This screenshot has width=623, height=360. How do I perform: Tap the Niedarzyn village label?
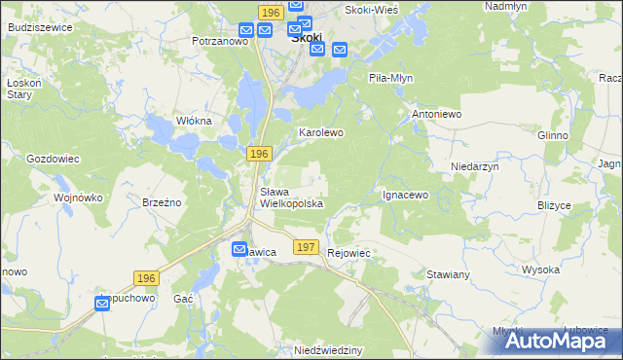[x=475, y=166]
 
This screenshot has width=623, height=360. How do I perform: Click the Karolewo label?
[x=321, y=131]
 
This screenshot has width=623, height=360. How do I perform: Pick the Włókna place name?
[x=193, y=121]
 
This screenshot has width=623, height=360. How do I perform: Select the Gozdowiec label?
[x=53, y=158]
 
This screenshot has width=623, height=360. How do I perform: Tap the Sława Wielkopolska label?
[x=290, y=198]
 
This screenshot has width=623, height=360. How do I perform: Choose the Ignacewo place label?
[x=405, y=195]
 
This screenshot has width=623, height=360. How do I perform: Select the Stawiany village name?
[x=449, y=275]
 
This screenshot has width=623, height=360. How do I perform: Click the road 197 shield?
[x=306, y=248]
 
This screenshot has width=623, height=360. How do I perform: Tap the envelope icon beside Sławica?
[x=239, y=250]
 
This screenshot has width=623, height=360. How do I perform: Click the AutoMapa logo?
[x=550, y=341]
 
